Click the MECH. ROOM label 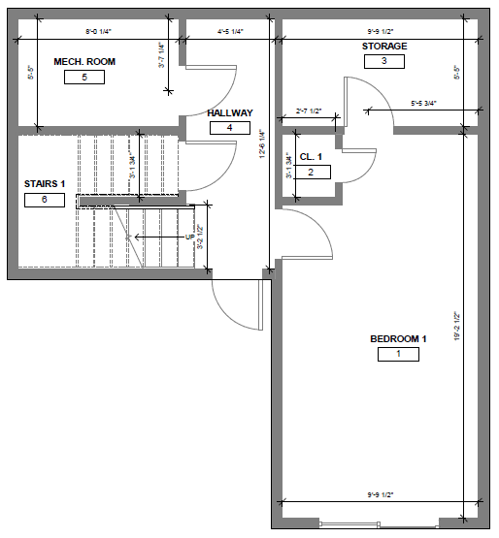[x=84, y=62]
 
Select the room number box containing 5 [x=84, y=78]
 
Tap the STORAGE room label [x=384, y=47]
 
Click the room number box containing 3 [x=384, y=61]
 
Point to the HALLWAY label [x=230, y=112]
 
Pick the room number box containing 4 [x=230, y=127]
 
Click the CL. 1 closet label [x=311, y=156]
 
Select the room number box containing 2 [x=311, y=172]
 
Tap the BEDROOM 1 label [x=398, y=338]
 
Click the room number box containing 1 [x=398, y=354]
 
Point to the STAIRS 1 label [x=45, y=184]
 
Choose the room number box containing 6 [x=45, y=200]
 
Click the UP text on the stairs [x=190, y=236]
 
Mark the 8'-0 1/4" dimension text [x=99, y=32]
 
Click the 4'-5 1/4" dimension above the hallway [x=229, y=32]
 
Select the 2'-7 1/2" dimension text [x=309, y=111]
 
